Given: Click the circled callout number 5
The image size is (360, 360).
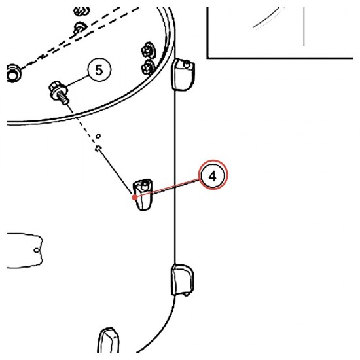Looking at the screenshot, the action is [99, 70].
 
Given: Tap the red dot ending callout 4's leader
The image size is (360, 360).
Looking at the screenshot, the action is [135, 197].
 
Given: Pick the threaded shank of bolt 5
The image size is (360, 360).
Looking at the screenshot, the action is [63, 98].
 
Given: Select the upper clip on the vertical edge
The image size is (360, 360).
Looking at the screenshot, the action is [183, 74].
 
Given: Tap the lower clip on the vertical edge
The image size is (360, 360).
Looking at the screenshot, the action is [183, 279].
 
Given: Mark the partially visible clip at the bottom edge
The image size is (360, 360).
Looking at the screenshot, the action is [109, 340].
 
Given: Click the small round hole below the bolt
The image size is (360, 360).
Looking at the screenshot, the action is [98, 136].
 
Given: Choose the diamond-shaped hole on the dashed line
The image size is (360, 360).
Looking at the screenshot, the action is [98, 149].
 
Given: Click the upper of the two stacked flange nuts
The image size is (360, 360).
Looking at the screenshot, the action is [148, 50].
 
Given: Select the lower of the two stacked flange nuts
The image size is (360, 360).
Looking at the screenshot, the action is [147, 67].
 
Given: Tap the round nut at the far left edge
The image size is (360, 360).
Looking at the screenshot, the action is [13, 73].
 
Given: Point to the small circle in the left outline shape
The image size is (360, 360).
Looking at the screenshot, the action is [37, 250].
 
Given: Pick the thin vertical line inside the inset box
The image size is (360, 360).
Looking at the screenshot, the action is [304, 26].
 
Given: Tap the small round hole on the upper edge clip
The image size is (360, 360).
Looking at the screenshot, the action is [187, 65].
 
